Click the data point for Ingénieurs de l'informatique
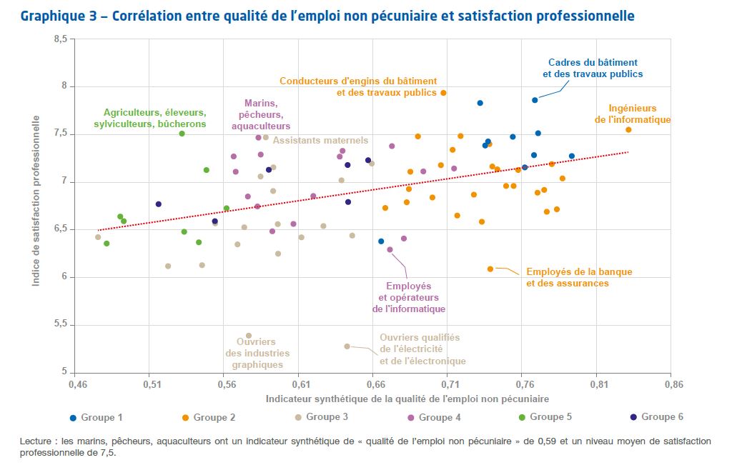[628, 130]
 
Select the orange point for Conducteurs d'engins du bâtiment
[443, 93]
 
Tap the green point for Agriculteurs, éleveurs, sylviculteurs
[182, 134]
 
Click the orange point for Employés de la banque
[490, 269]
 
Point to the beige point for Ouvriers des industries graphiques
[249, 336]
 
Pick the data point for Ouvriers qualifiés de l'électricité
[347, 346]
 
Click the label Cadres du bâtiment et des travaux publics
[593, 69]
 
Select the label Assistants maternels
[320, 141]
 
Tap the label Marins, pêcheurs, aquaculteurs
[261, 114]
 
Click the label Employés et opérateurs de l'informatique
[409, 297]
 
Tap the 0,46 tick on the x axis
[76, 384]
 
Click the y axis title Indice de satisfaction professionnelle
[36, 206]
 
